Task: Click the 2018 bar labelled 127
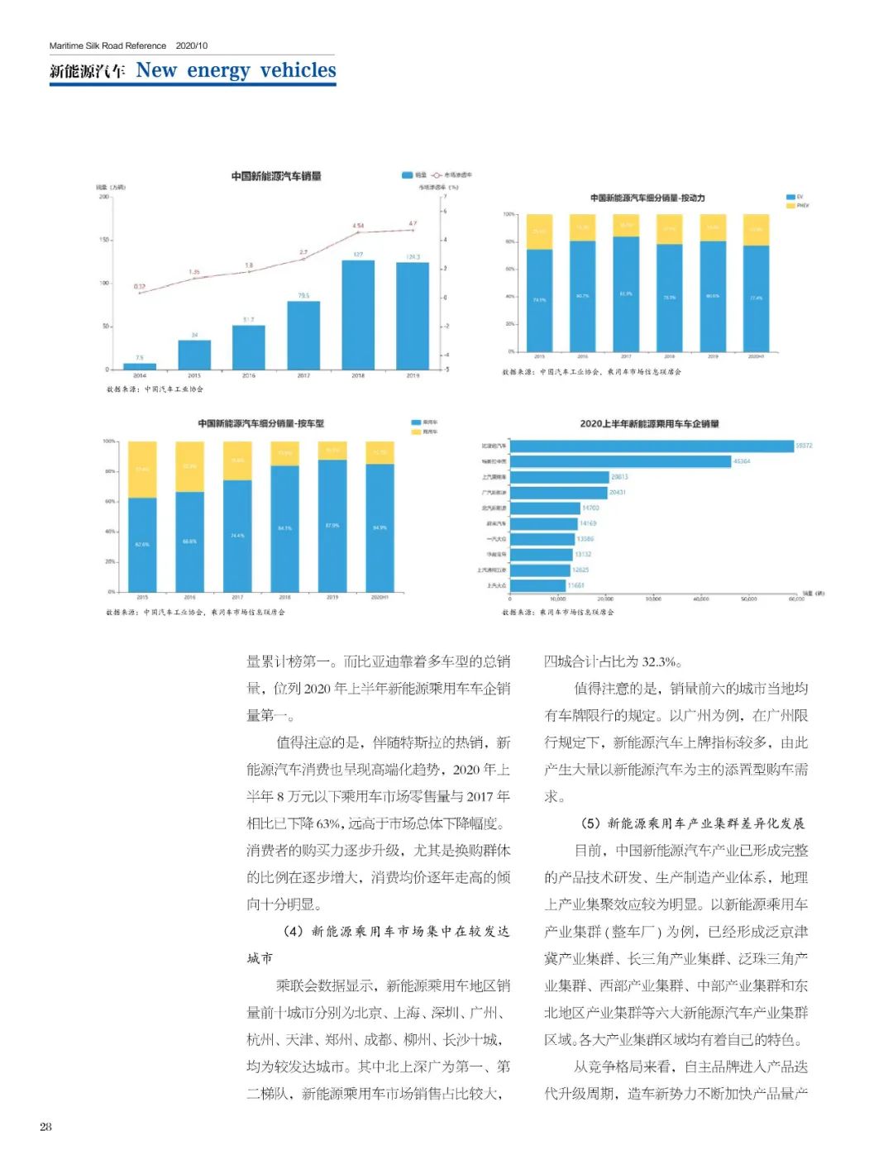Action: point(358,314)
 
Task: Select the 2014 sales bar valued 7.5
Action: point(140,365)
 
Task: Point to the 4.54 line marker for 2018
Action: point(358,233)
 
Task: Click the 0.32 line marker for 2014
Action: point(140,293)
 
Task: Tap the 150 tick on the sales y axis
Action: point(104,240)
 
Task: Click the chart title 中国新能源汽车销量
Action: point(276,176)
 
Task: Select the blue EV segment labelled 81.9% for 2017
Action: point(626,293)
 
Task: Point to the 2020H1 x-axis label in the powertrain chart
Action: point(756,356)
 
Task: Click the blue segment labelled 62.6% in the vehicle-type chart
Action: point(142,544)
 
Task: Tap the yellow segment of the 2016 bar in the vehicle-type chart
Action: point(189,467)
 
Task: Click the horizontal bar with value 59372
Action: point(652,446)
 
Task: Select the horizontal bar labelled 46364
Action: point(620,461)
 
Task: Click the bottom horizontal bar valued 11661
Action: point(537,585)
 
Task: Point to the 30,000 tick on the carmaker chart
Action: point(653,599)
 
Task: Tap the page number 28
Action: point(45,1126)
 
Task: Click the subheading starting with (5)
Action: point(692,823)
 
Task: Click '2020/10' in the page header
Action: point(192,45)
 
